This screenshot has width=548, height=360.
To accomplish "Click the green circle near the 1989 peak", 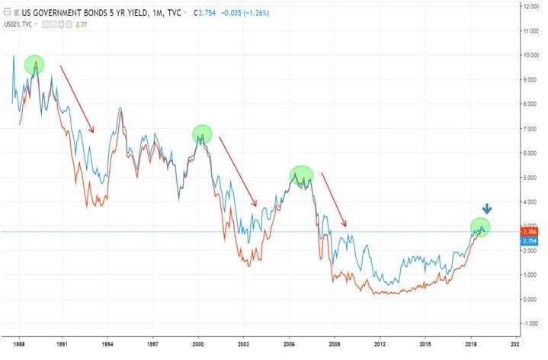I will pyautogui.click(x=34, y=65).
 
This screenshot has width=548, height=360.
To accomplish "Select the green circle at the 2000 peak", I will pyautogui.click(x=202, y=134).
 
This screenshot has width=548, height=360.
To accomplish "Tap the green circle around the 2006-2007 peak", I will pyautogui.click(x=302, y=176).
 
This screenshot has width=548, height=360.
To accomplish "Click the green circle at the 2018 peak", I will pyautogui.click(x=480, y=226).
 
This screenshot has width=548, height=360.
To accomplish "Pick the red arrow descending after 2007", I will pyautogui.click(x=334, y=200).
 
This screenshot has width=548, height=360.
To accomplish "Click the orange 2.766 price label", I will pyautogui.click(x=530, y=230).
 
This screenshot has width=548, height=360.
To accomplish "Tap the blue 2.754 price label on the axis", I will pyautogui.click(x=530, y=240).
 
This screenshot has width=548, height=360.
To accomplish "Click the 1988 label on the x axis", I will pyautogui.click(x=22, y=345).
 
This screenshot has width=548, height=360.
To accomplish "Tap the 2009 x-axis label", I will pyautogui.click(x=335, y=345).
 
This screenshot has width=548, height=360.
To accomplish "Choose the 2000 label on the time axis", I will pyautogui.click(x=199, y=345).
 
